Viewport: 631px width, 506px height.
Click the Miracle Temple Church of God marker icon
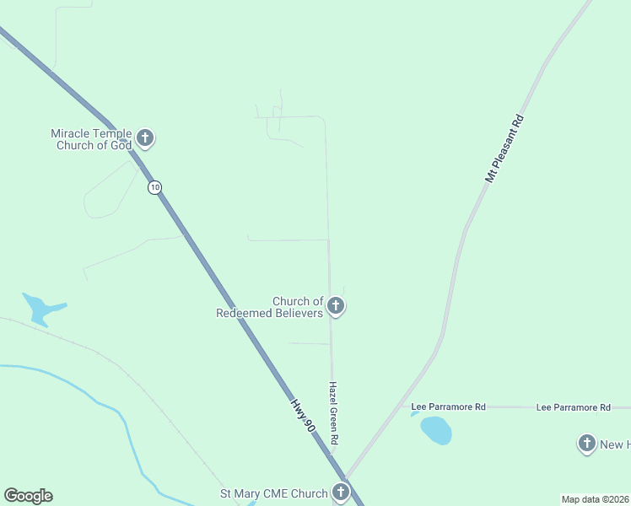(145, 137)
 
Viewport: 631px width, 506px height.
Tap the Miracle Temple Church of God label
(91, 139)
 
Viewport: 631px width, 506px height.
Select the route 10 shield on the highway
(154, 187)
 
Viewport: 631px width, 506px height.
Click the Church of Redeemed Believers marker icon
(336, 305)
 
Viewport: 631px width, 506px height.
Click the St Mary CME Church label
(273, 493)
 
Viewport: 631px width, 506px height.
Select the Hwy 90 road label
(304, 416)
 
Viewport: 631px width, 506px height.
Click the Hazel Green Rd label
(333, 411)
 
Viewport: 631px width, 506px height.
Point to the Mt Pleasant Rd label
(505, 149)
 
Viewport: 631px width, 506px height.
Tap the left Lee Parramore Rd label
(448, 407)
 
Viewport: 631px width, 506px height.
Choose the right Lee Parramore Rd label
(573, 407)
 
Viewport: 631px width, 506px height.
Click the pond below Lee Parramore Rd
(436, 430)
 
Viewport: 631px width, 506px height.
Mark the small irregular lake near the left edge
(40, 309)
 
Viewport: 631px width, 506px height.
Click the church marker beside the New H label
(587, 443)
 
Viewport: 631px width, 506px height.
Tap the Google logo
(28, 496)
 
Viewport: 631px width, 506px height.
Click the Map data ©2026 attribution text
(595, 499)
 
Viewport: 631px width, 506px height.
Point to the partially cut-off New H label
(614, 444)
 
